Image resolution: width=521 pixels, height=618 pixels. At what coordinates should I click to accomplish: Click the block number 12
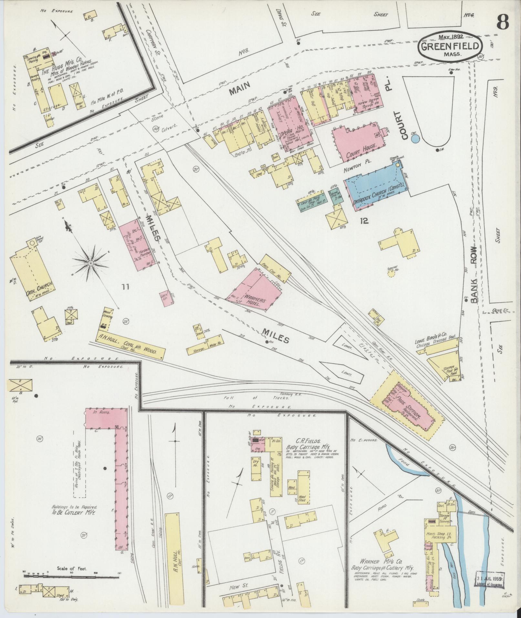365,221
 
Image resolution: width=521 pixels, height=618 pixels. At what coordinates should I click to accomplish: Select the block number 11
126,286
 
